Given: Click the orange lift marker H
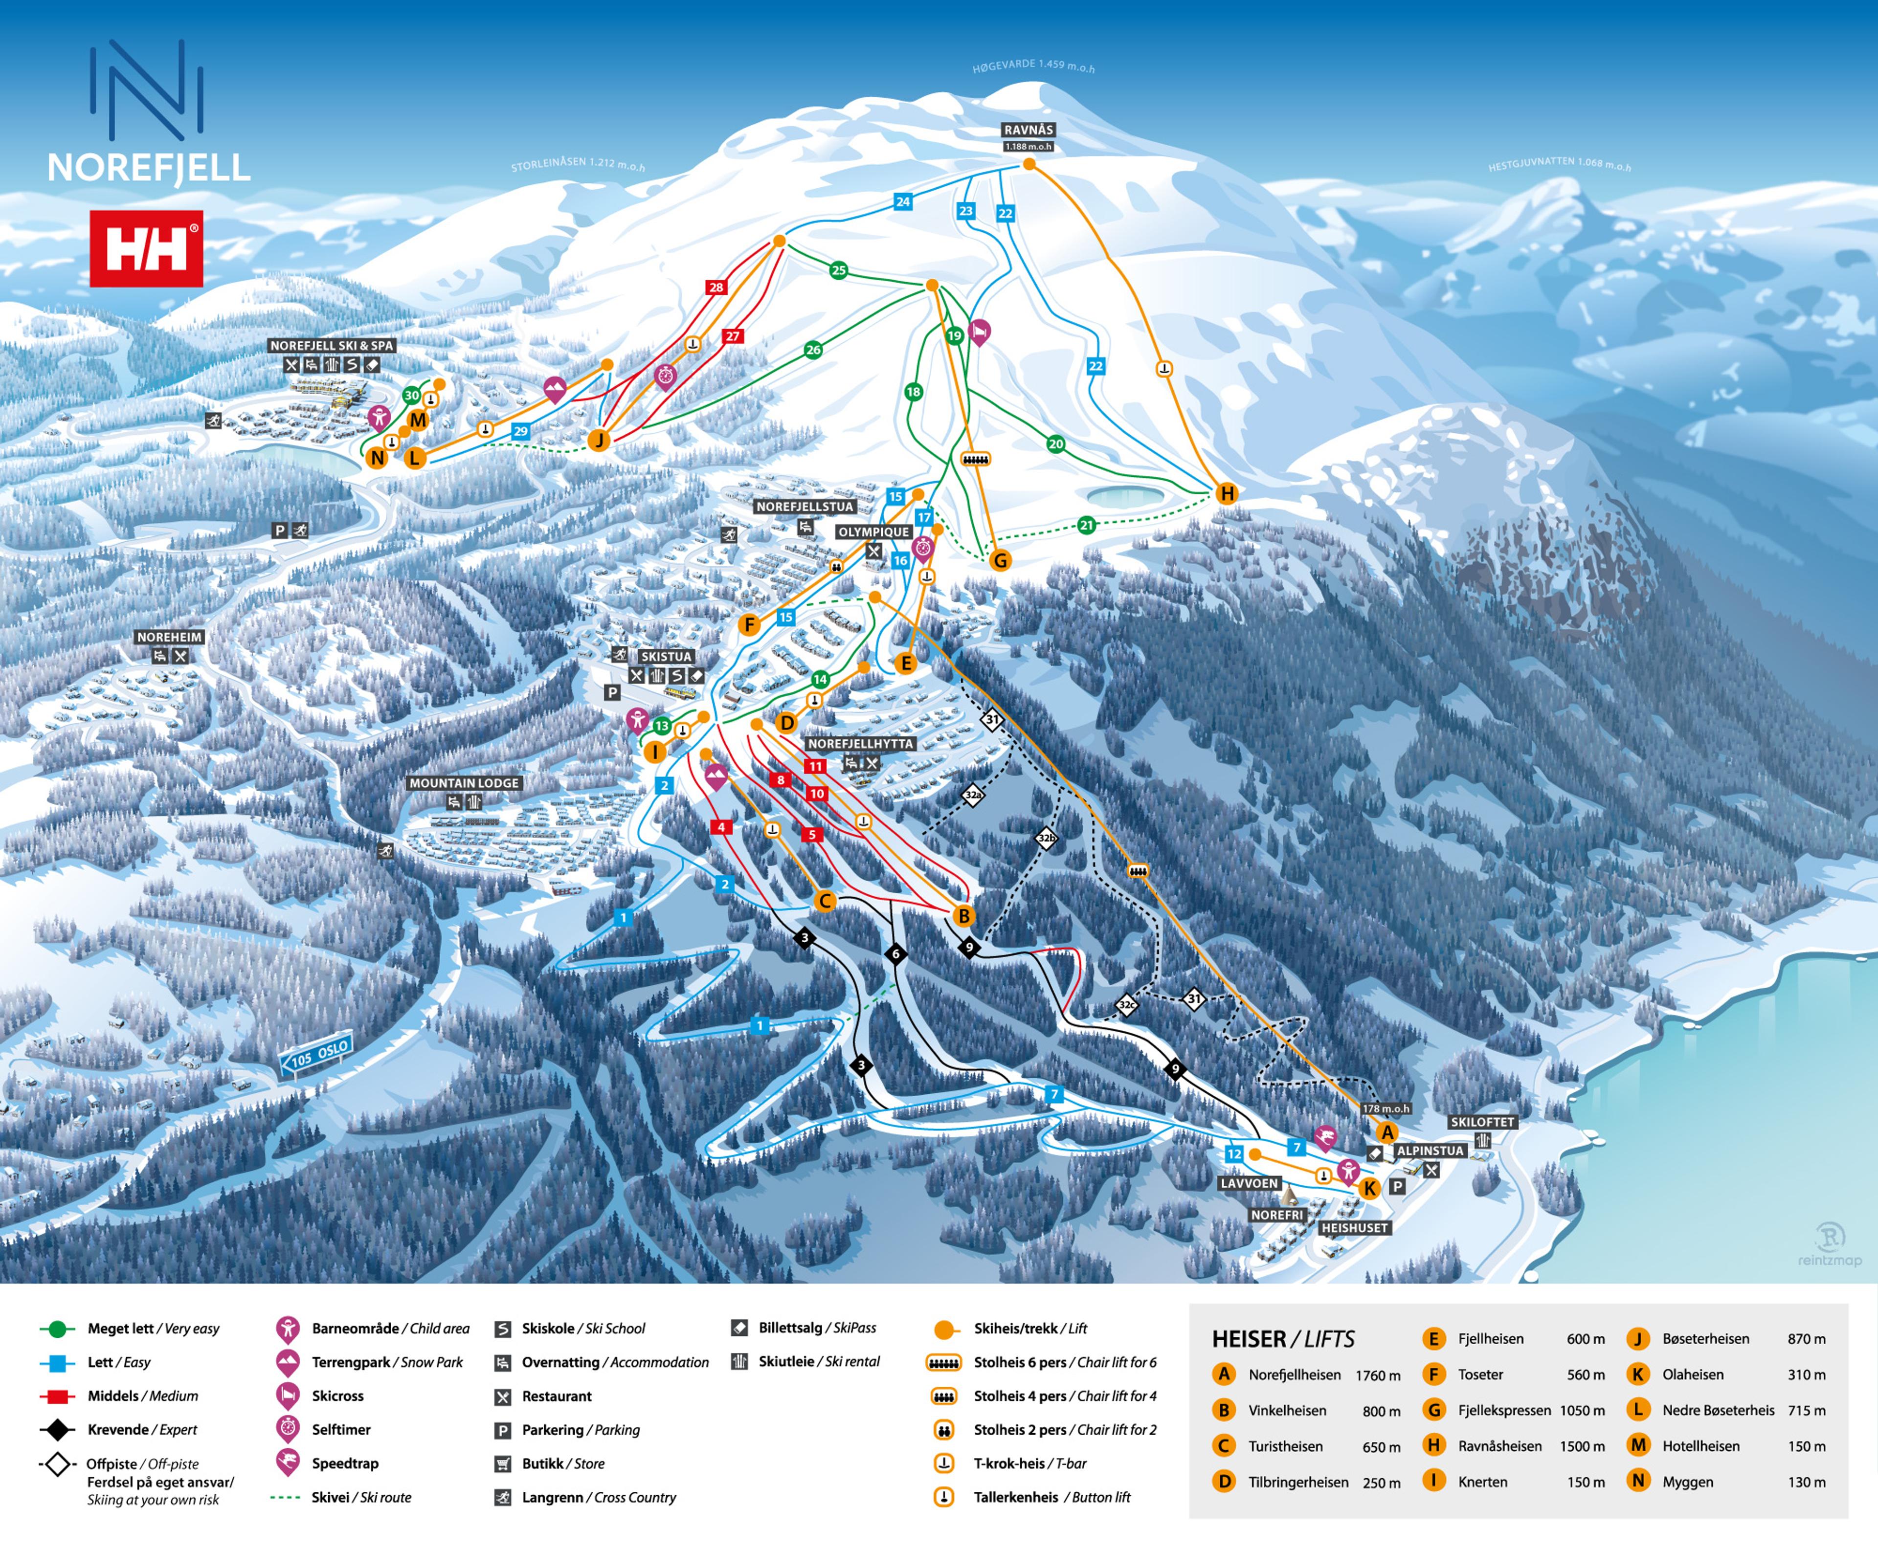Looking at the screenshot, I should [1227, 493].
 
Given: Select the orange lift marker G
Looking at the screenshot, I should [1000, 560].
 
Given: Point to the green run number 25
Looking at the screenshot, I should [838, 270].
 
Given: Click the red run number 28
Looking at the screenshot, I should [715, 287].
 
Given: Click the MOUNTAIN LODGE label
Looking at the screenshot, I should [464, 783].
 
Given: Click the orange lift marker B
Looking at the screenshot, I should [963, 916].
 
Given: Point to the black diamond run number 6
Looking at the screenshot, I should [895, 954].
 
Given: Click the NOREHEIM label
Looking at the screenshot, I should [170, 637].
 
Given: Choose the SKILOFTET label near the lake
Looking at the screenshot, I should [1482, 1122].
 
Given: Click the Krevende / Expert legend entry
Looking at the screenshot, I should [142, 1430].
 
